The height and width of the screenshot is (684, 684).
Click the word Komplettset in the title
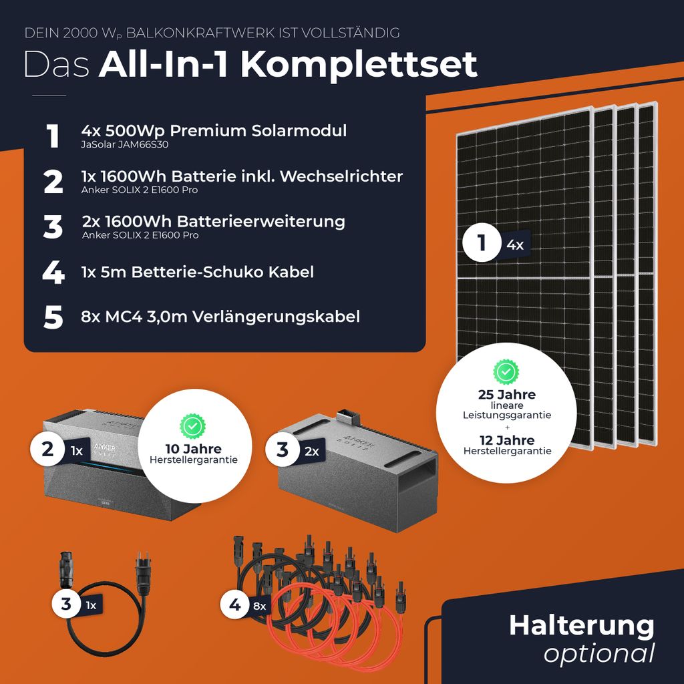[x=359, y=65]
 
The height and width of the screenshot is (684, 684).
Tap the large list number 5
[x=53, y=317]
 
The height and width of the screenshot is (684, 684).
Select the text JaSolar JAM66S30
[x=125, y=145]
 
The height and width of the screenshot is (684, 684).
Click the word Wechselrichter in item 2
[x=341, y=176]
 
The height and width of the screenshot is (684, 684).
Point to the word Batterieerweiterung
[x=261, y=222]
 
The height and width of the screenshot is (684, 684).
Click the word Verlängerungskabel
[x=276, y=317]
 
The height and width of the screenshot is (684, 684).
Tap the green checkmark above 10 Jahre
[x=192, y=426]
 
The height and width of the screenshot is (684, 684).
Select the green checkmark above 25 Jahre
[x=506, y=372]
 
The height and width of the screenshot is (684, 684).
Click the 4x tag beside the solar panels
[x=515, y=245]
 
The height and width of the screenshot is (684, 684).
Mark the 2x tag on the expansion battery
[x=311, y=452]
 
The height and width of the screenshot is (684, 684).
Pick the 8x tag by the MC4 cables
[x=260, y=606]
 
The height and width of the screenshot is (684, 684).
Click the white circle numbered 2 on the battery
[x=47, y=450]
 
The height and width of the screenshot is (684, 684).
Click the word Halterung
[x=582, y=626]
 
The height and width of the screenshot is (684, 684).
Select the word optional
[x=599, y=654]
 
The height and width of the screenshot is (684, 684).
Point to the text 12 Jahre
[x=507, y=440]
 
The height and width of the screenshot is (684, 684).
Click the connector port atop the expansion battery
[x=347, y=417]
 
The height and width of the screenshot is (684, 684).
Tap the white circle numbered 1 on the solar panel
[x=482, y=242]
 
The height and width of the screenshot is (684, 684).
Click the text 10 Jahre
[x=193, y=449]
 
